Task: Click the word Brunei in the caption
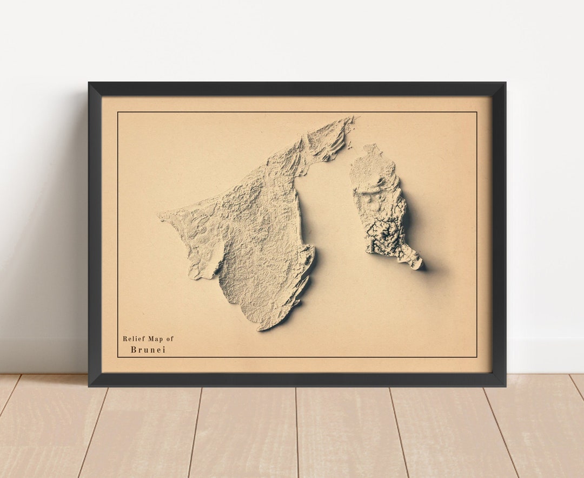[148, 350]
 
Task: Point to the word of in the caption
[170, 339]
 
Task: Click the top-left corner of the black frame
[89, 83]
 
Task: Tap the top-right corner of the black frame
[505, 83]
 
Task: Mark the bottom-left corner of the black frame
[89, 385]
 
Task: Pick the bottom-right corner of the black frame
[505, 385]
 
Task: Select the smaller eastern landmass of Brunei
[381, 206]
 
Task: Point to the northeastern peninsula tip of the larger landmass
[352, 118]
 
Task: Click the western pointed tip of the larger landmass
[160, 218]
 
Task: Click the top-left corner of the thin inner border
[118, 113]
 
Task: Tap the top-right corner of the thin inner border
[476, 113]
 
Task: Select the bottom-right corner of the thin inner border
[476, 357]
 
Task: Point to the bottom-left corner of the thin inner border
[118, 357]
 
